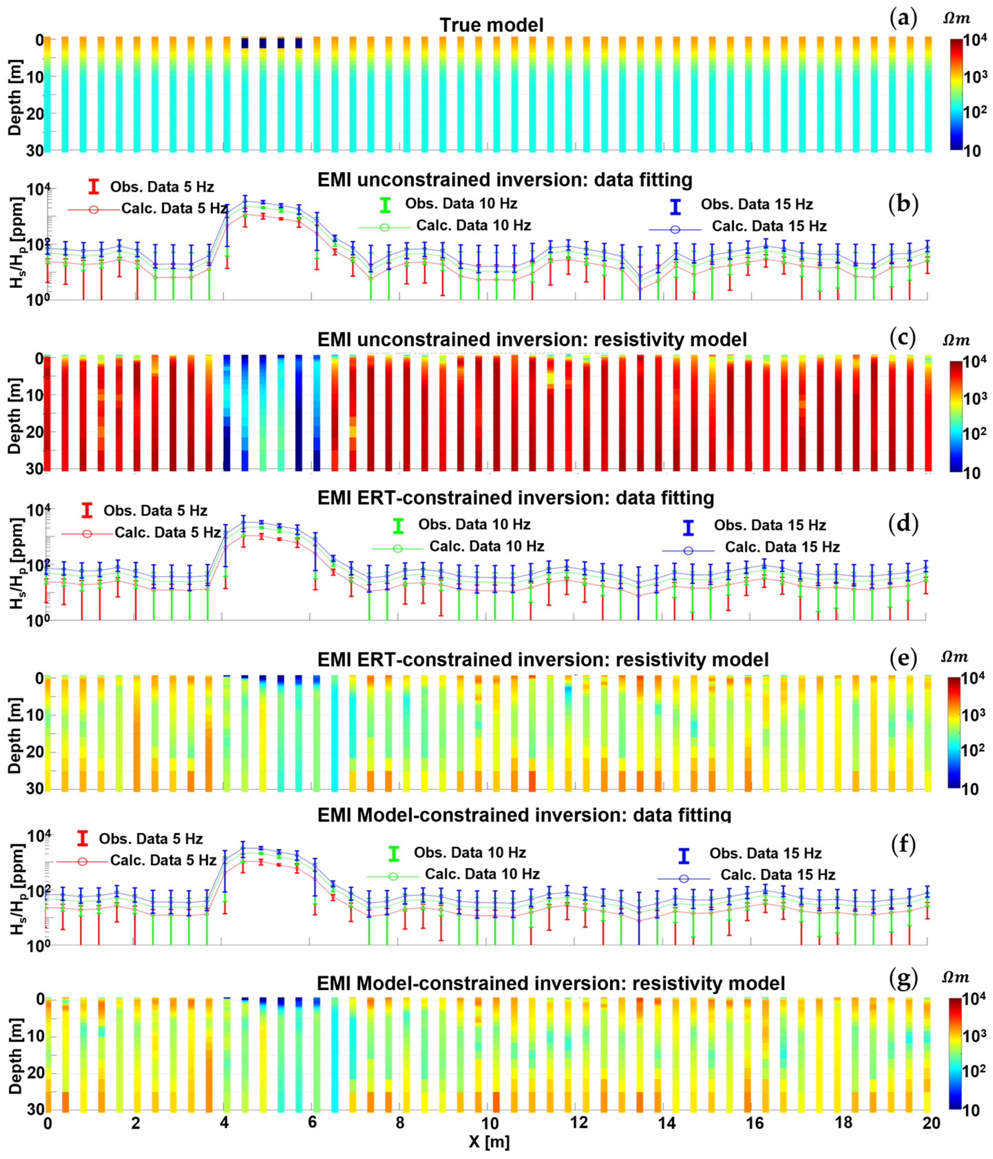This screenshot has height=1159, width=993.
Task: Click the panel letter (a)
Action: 902,20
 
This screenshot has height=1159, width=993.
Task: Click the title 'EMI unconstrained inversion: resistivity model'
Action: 531,339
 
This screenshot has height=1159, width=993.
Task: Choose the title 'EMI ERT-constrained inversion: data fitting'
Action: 515,498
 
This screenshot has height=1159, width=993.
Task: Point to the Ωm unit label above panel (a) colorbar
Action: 956,19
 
